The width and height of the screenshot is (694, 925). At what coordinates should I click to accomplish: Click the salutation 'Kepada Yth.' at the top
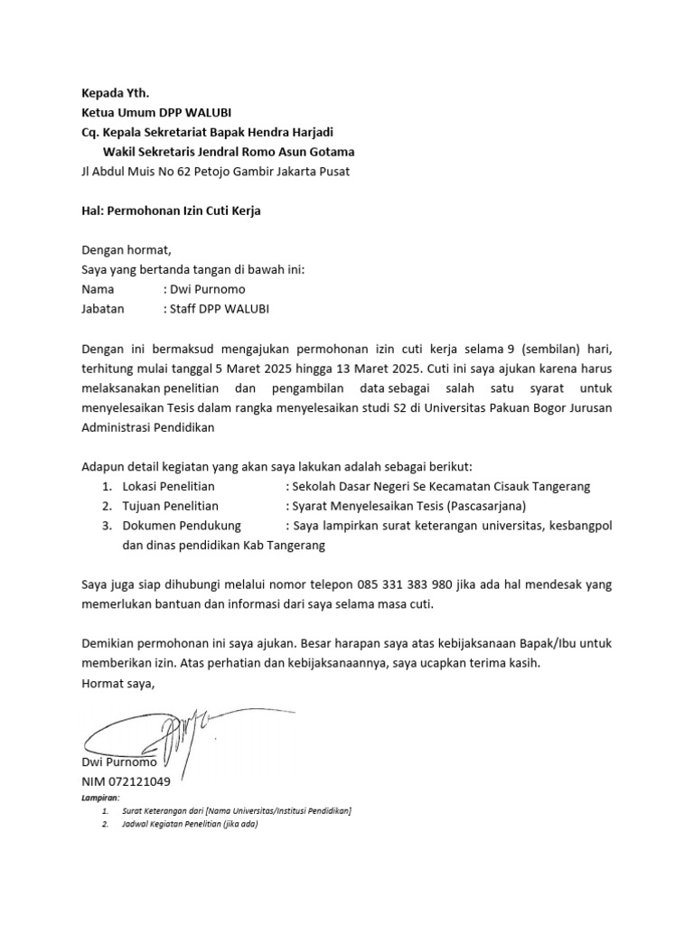pyautogui.click(x=114, y=92)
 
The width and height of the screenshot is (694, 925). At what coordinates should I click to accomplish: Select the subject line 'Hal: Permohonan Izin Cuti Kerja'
pyautogui.click(x=171, y=211)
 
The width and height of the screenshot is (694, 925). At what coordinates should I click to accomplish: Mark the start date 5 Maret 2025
pyautogui.click(x=261, y=369)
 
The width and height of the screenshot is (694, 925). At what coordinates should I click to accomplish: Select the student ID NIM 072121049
pyautogui.click(x=126, y=780)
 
